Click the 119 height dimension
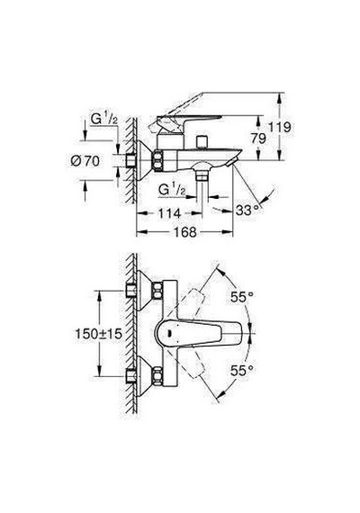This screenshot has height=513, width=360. click(x=279, y=127)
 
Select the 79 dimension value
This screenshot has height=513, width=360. click(x=258, y=139)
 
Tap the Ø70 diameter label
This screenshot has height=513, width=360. click(x=85, y=161)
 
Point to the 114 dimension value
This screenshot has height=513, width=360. click(x=169, y=213)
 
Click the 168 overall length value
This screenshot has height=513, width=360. click(x=184, y=232)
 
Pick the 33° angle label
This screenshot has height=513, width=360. click(x=248, y=210)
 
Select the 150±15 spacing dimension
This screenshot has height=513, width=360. click(x=98, y=334)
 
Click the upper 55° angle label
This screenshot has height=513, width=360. click(x=242, y=297)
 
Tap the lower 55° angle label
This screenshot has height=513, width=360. click(x=242, y=371)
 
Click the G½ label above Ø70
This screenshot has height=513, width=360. click(x=104, y=120)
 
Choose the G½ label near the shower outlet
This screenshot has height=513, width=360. click(x=172, y=190)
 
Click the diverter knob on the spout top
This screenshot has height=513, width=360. click(x=201, y=142)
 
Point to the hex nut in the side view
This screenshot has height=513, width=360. click(x=158, y=160)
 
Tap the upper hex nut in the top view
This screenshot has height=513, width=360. click(x=157, y=291)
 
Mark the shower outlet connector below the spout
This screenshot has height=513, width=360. click(x=202, y=176)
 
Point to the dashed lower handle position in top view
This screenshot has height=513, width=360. click(x=191, y=364)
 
